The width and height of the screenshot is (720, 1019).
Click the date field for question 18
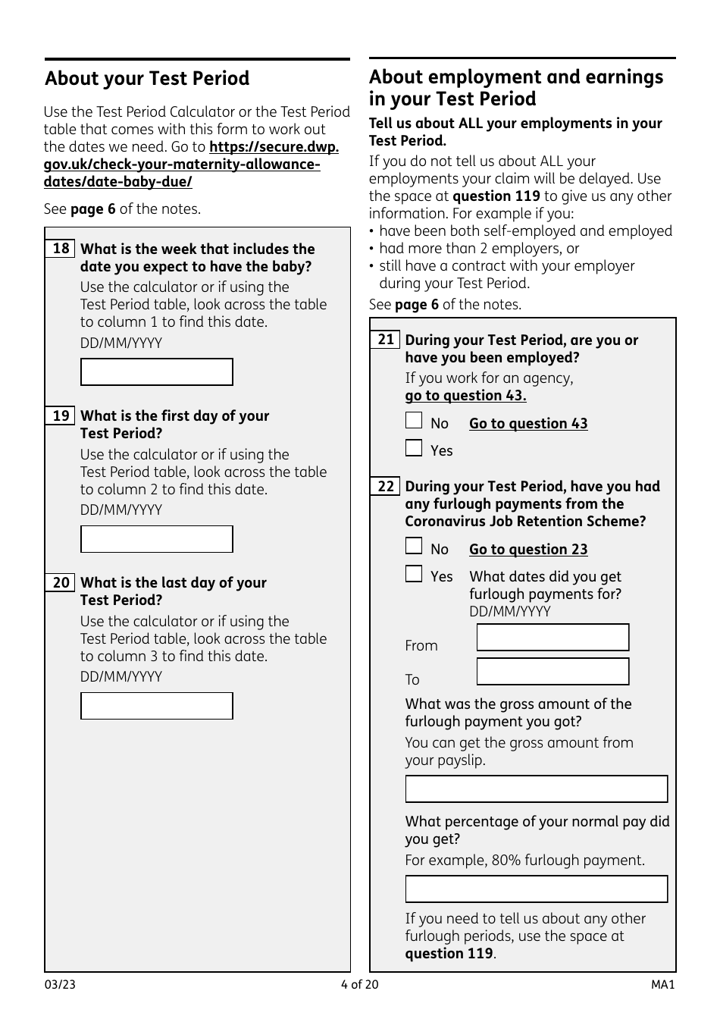pyautogui.click(x=157, y=372)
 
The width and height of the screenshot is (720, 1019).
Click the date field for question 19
pyautogui.click(x=157, y=539)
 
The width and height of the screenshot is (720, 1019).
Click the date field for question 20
pyautogui.click(x=157, y=706)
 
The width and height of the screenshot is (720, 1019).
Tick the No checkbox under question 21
pyautogui.click(x=414, y=421)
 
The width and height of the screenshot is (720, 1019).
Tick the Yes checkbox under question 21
pyautogui.click(x=414, y=448)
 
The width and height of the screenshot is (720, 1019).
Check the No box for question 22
pyautogui.click(x=414, y=547)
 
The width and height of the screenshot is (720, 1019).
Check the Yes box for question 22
pyautogui.click(x=414, y=574)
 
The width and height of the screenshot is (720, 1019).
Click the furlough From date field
pyautogui.click(x=553, y=638)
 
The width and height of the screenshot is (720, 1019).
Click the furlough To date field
pyautogui.click(x=553, y=672)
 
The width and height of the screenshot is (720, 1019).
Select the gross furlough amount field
pyautogui.click(x=537, y=789)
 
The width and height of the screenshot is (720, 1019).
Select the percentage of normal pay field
pyautogui.click(x=537, y=889)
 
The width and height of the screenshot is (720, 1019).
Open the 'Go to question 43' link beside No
pyautogui.click(x=528, y=424)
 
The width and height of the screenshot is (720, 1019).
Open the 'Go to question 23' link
pyautogui.click(x=528, y=550)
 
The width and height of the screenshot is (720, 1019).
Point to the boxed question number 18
pyautogui.click(x=61, y=249)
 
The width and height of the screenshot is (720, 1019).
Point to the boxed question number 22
pyautogui.click(x=386, y=486)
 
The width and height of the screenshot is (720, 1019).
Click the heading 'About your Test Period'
pyautogui.click(x=147, y=79)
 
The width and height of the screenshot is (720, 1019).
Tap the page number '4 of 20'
pyautogui.click(x=359, y=985)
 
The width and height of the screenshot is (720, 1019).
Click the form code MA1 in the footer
pyautogui.click(x=662, y=985)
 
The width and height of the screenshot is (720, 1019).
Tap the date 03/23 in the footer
pyautogui.click(x=60, y=985)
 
